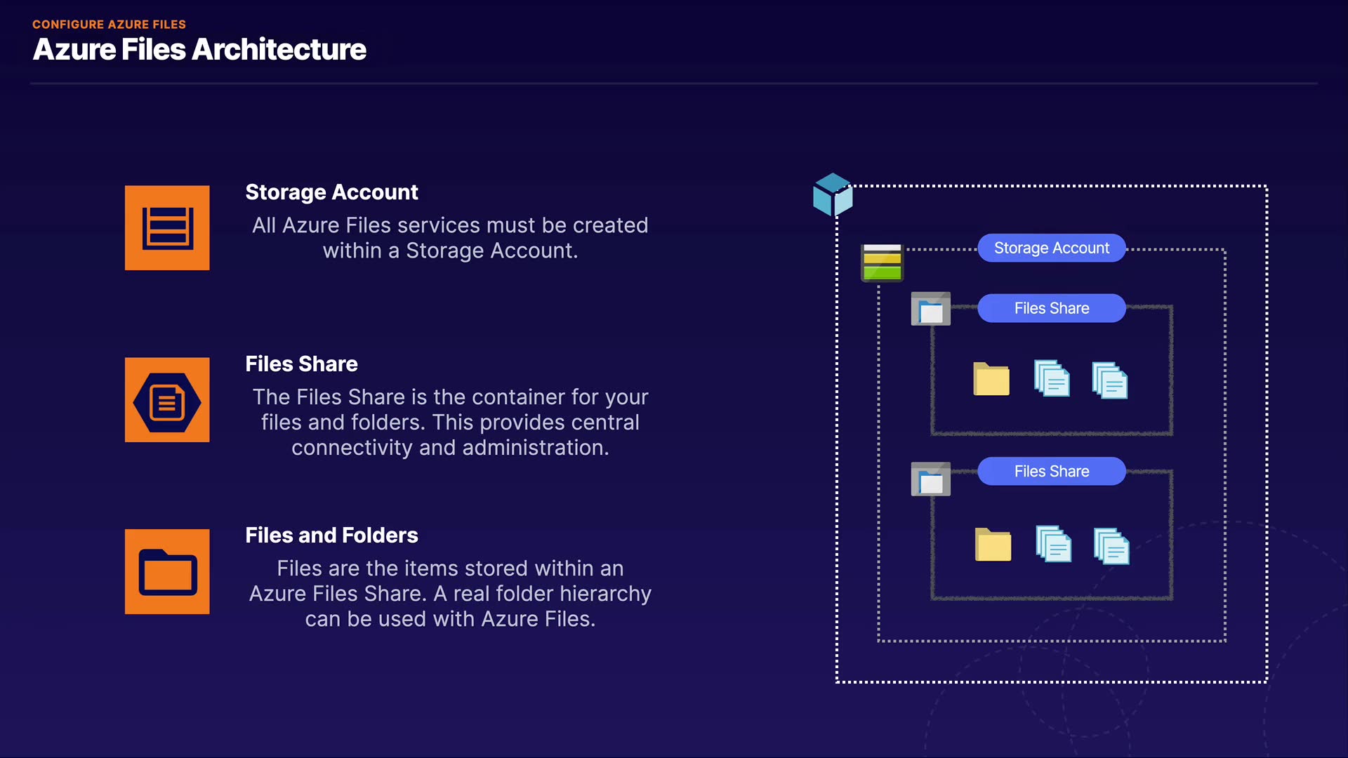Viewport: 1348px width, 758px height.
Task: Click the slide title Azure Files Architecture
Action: coord(199,50)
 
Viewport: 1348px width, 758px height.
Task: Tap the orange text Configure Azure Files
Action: coord(109,24)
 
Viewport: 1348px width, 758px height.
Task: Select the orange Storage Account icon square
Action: coord(167,227)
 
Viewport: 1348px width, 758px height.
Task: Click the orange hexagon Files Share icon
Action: coord(167,399)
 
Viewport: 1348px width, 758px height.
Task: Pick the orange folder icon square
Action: coord(167,571)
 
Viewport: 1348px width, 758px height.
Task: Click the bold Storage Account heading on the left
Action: coord(331,192)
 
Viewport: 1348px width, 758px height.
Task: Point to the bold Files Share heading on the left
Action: coord(301,364)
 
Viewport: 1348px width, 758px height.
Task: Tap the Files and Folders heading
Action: coord(331,536)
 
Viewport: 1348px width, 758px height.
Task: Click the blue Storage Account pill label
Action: coord(1052,248)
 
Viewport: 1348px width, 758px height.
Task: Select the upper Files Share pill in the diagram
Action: coord(1052,308)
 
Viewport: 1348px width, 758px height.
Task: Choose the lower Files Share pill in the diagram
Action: coord(1052,471)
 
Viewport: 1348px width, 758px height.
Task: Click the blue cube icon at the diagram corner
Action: coord(833,194)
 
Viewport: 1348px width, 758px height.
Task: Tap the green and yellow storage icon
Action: coord(883,262)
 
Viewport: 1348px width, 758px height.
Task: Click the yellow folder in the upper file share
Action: coord(991,379)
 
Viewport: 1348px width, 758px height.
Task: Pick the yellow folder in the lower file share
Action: coord(993,545)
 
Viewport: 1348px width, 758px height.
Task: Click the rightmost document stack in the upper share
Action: coord(1110,380)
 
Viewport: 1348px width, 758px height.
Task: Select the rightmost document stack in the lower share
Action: coord(1112,546)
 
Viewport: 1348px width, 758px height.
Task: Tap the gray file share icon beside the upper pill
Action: coord(931,309)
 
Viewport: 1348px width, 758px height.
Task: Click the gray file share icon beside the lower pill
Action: coord(931,479)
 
